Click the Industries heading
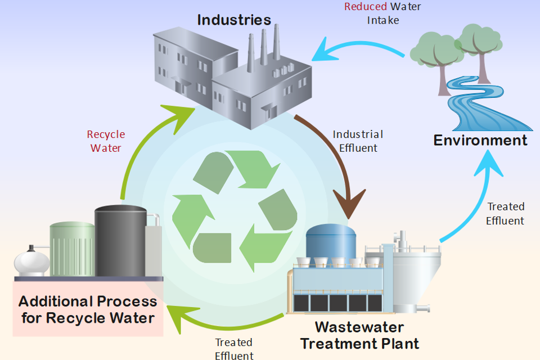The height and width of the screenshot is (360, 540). pos(234,20)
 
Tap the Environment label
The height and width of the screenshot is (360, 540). pos(480,140)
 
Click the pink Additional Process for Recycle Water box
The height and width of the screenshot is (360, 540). pos(88,309)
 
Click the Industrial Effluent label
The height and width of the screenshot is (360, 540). pos(358,141)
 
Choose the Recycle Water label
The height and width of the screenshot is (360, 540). pos(106,141)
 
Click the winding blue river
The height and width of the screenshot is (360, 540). pos(478,107)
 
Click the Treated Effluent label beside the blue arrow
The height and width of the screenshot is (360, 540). pos(505,214)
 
